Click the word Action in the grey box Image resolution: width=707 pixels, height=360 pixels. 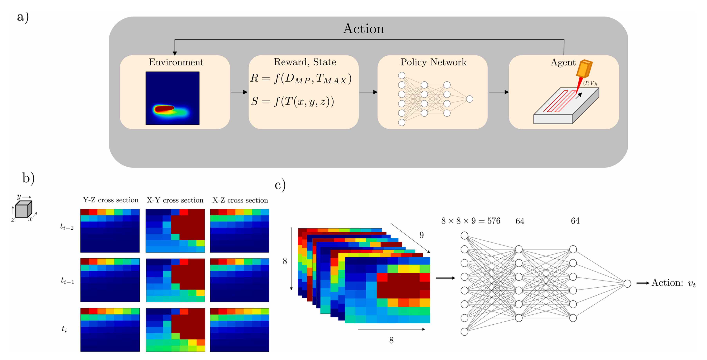[x=363, y=29]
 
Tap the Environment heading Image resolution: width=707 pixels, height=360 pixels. [x=176, y=62]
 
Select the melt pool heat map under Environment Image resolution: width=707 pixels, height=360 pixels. [x=172, y=98]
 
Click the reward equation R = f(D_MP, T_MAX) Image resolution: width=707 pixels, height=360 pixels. [x=301, y=78]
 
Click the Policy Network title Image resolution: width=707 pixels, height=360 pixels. [x=433, y=62]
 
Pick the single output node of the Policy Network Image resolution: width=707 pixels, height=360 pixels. [x=469, y=99]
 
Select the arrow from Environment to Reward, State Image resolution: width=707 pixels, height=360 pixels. [x=239, y=92]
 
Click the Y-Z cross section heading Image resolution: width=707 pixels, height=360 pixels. [x=111, y=200]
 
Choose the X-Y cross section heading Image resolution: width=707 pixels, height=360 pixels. [x=175, y=200]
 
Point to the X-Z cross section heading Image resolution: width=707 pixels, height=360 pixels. [x=240, y=200]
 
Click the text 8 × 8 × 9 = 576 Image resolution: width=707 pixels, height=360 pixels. [x=470, y=221]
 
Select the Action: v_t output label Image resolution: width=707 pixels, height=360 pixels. [x=673, y=283]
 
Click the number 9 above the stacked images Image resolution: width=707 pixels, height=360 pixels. [x=421, y=235]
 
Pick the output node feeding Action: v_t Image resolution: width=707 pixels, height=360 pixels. [x=627, y=283]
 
